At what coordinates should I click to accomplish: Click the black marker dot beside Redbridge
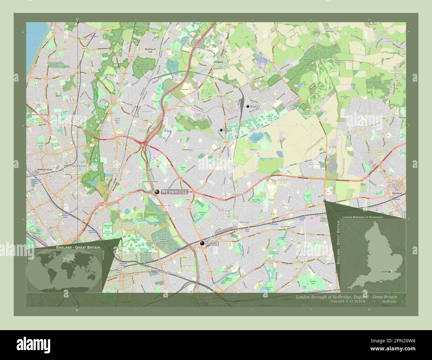click(157, 192)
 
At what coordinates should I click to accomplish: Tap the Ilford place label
click(212, 243)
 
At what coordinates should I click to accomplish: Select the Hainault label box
click(255, 106)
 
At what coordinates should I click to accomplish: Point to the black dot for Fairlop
click(221, 131)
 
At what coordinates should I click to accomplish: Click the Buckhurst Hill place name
click(150, 50)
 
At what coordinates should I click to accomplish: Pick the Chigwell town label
click(218, 62)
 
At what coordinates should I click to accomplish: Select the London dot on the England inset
click(390, 271)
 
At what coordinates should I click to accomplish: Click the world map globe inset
click(64, 270)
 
